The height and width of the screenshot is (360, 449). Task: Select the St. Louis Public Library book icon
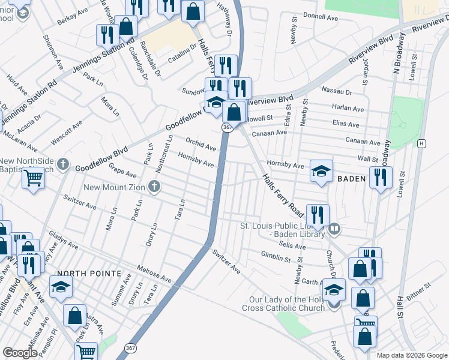coord(335,228)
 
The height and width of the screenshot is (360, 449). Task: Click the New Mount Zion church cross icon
coord(155,187)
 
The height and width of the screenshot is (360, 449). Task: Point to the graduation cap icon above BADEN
coord(321,171)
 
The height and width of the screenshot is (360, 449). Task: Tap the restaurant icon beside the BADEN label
coord(381,178)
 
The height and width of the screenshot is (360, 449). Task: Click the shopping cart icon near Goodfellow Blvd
coord(33,178)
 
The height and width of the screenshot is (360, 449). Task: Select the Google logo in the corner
coord(20,353)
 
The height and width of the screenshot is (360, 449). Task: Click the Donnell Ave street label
coord(321,16)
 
